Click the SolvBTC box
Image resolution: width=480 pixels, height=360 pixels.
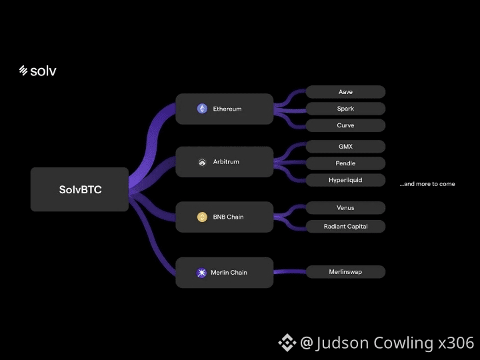click(x=79, y=189)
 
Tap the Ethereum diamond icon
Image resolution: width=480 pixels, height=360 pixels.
click(x=202, y=109)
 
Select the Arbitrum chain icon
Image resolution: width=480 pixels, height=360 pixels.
click(x=202, y=162)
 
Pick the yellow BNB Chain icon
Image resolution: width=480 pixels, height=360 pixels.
click(x=202, y=217)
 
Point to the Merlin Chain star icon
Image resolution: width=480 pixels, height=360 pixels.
click(x=201, y=273)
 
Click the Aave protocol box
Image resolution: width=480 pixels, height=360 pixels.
click(x=345, y=92)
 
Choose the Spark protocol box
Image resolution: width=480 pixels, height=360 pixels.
click(x=345, y=109)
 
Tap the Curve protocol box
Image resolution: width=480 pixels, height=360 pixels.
click(x=345, y=125)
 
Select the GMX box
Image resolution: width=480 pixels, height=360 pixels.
click(x=345, y=147)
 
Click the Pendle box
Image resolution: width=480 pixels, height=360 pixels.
click(x=345, y=163)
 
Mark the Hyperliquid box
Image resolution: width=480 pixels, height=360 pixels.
click(x=345, y=180)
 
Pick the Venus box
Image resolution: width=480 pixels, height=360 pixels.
click(x=345, y=208)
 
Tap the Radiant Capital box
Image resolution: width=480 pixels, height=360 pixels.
click(x=345, y=227)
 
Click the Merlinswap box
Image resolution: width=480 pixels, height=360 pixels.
click(x=345, y=272)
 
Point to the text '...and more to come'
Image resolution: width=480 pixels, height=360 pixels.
click(x=427, y=184)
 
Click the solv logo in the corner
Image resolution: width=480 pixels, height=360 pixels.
click(x=37, y=71)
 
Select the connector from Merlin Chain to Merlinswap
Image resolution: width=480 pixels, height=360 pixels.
click(x=289, y=271)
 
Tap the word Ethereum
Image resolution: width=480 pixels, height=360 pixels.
click(x=227, y=109)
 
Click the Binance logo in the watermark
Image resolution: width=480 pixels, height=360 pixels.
click(x=287, y=343)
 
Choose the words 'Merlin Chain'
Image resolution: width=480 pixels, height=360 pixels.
click(x=229, y=273)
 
